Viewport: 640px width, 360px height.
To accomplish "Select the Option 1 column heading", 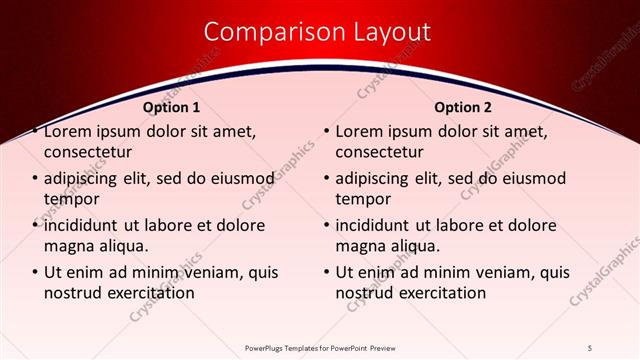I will coord(172,106).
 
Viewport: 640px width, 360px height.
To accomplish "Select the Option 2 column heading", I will coord(462,106).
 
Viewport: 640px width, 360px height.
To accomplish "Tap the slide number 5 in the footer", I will coord(591,348).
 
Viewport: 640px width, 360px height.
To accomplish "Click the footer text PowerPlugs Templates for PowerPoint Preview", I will coord(319,348).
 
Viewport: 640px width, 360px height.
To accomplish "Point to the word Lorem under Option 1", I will coord(70,131).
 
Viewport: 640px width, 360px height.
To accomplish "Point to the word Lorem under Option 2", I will coord(361,131).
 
